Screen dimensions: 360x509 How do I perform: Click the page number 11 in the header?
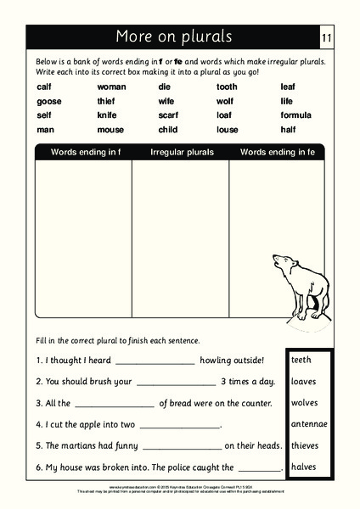328,37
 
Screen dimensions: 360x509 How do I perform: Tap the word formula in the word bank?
295,115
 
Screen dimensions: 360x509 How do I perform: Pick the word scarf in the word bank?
169,115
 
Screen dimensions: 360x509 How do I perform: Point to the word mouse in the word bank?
110,130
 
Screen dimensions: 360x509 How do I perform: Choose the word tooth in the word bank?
227,87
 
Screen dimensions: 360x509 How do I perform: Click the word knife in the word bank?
107,115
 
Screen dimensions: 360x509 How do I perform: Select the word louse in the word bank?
227,130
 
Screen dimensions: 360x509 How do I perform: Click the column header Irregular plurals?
182,153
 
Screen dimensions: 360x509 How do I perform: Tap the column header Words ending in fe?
277,153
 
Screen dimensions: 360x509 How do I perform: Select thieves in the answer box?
306,445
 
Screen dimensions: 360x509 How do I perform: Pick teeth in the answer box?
301,360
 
